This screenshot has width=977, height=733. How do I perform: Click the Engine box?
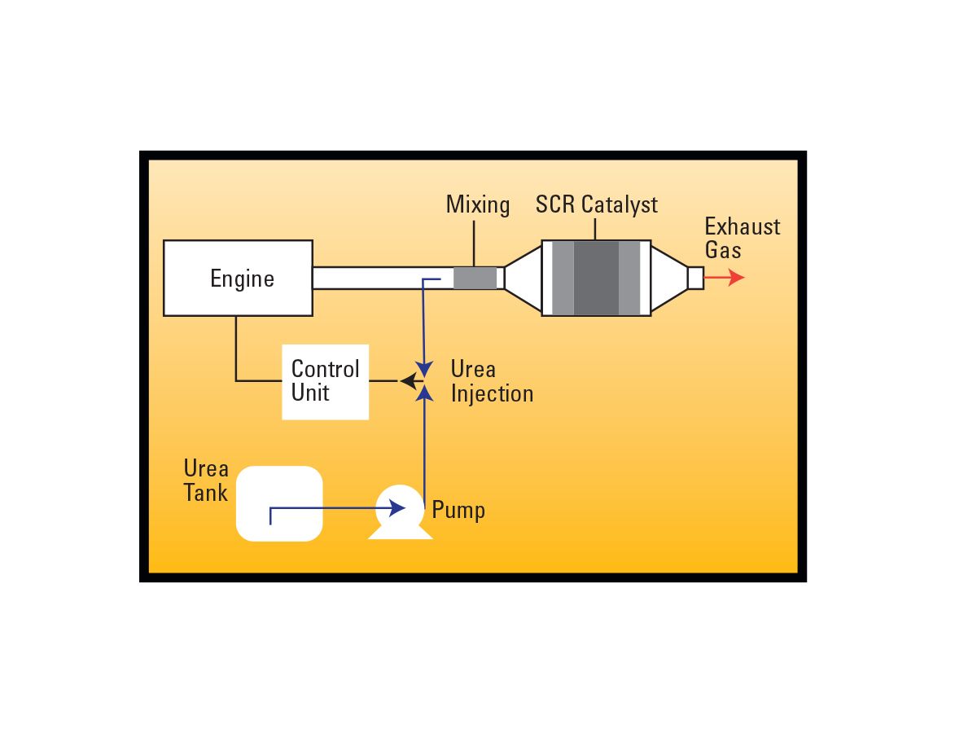[238, 278]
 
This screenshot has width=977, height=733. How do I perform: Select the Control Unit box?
[325, 381]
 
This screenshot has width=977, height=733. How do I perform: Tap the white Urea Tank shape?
[279, 503]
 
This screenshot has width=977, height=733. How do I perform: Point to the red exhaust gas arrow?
[725, 278]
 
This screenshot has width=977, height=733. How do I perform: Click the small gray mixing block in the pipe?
[475, 278]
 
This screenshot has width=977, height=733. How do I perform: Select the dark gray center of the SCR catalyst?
[596, 278]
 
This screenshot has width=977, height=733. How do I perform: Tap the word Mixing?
[478, 204]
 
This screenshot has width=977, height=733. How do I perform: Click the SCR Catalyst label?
[596, 204]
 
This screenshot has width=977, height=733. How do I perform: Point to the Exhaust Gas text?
[742, 238]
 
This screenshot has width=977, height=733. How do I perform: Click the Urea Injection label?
[492, 381]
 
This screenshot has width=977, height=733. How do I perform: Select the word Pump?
[458, 511]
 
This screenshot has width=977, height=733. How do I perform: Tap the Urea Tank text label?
[206, 481]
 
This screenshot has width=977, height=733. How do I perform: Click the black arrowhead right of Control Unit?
[406, 380]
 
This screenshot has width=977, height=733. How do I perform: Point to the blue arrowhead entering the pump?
[397, 508]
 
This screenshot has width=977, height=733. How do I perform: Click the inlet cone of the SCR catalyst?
[524, 278]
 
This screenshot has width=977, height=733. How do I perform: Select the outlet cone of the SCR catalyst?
[669, 278]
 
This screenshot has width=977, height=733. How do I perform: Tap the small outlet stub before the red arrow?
[695, 278]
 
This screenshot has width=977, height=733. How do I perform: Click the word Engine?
[242, 279]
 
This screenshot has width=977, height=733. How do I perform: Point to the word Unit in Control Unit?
[310, 393]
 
